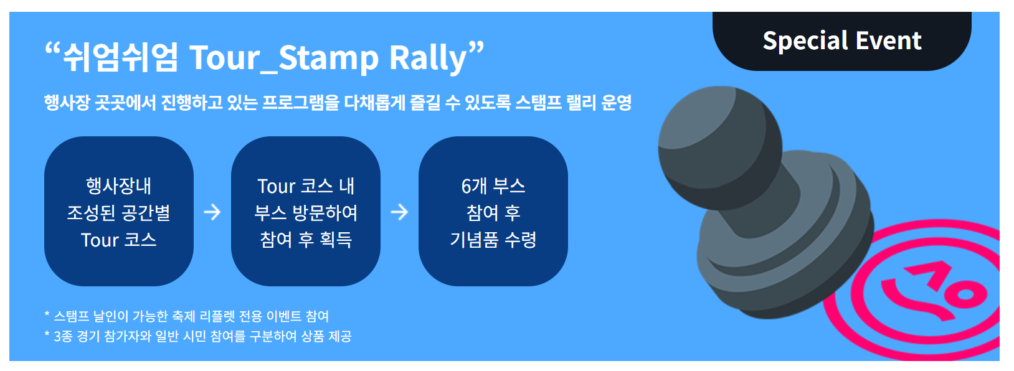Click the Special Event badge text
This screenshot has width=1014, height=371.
click(x=841, y=41)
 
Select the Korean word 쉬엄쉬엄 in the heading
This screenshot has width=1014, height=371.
click(x=120, y=58)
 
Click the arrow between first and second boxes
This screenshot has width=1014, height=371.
click(x=212, y=212)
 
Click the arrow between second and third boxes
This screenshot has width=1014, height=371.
click(x=399, y=212)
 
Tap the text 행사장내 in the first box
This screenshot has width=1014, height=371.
click(x=118, y=185)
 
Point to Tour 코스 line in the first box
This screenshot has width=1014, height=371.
click(x=118, y=240)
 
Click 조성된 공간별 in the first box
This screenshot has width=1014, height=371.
click(x=118, y=213)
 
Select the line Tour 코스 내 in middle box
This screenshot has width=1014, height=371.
click(x=306, y=185)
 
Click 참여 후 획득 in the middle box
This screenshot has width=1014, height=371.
click(x=306, y=240)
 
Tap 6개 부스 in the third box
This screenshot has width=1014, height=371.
click(x=493, y=185)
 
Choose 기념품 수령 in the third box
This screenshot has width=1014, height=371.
click(x=493, y=240)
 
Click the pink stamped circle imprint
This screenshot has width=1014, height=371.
click(x=934, y=293)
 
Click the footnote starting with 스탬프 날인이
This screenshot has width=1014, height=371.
click(x=187, y=316)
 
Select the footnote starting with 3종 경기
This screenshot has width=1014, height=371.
click(x=198, y=336)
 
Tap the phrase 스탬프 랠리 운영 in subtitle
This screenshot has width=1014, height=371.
click(x=573, y=103)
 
